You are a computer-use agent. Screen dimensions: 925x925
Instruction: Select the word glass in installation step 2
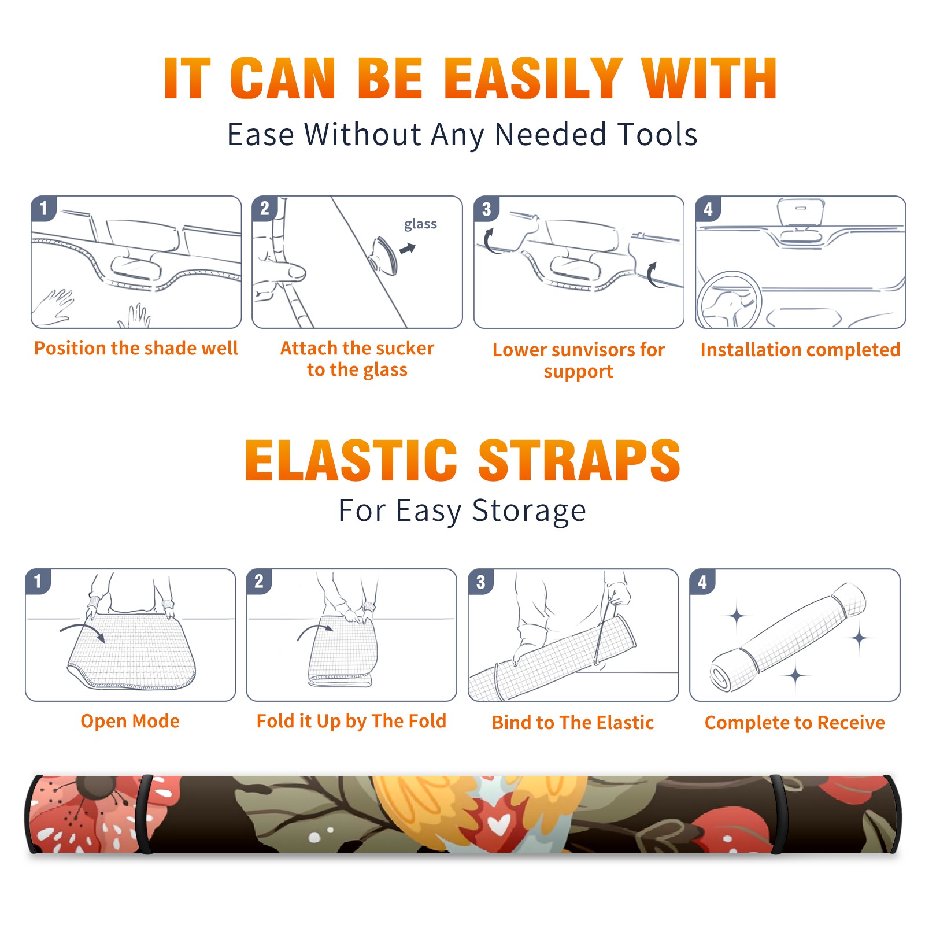pyautogui.click(x=420, y=224)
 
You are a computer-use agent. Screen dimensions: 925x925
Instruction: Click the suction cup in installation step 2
pyautogui.click(x=384, y=255)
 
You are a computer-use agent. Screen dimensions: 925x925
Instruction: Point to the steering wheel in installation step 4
pyautogui.click(x=728, y=299)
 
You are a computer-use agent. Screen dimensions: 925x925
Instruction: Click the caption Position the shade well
pyautogui.click(x=136, y=348)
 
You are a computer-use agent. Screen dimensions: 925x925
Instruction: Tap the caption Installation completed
pyautogui.click(x=800, y=350)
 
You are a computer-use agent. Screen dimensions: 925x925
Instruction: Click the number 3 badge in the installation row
pyautogui.click(x=486, y=209)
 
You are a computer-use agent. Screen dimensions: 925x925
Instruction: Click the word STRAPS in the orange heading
pyautogui.click(x=579, y=460)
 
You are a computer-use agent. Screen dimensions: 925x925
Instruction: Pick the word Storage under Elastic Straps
pyautogui.click(x=529, y=512)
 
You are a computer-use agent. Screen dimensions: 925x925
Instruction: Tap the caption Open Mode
pyautogui.click(x=130, y=721)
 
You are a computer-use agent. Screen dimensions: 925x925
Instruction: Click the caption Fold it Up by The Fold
pyautogui.click(x=351, y=721)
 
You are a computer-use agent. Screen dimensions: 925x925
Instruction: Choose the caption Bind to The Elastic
pyautogui.click(x=573, y=723)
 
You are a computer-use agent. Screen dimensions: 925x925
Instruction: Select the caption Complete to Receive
pyautogui.click(x=795, y=723)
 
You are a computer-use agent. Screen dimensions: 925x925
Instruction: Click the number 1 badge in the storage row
pyautogui.click(x=38, y=581)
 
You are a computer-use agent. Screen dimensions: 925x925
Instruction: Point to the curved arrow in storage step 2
pyautogui.click(x=314, y=630)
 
